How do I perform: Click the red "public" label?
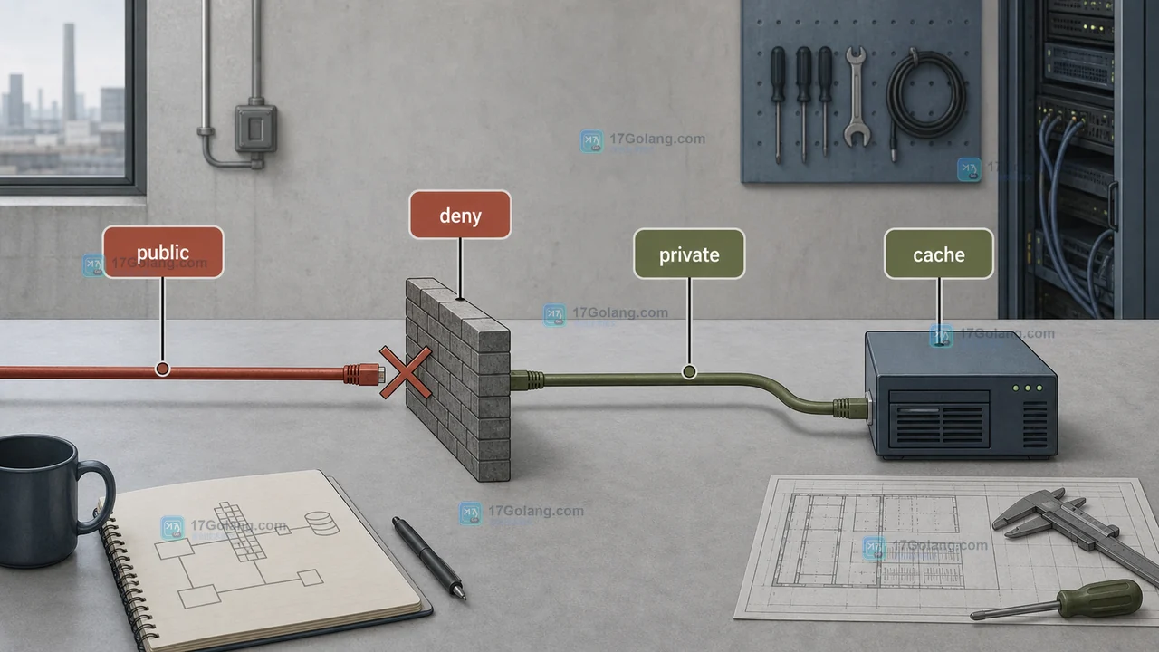click(x=163, y=252)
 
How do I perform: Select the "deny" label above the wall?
click(x=460, y=215)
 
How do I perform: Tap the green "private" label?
click(x=689, y=254)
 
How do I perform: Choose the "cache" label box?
click(x=939, y=254)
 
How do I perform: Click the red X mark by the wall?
click(x=406, y=372)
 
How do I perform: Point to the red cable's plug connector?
click(x=364, y=374)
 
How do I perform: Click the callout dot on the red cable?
click(x=162, y=369)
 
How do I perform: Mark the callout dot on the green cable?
click(x=689, y=371)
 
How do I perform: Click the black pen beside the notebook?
click(x=429, y=557)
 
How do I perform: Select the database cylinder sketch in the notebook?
click(x=321, y=523)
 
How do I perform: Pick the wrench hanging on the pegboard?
click(x=856, y=97)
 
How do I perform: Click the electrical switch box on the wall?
click(x=256, y=129)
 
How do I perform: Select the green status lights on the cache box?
click(x=1027, y=388)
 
